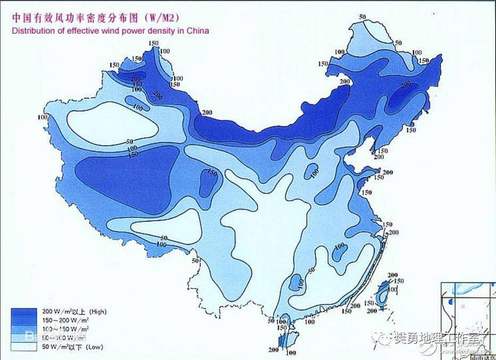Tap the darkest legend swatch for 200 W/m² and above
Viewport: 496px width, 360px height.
coord(24,312)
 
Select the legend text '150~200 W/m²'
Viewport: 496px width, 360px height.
coord(66,320)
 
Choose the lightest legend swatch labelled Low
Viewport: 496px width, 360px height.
coord(24,347)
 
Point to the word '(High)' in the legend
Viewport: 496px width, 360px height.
coord(98,312)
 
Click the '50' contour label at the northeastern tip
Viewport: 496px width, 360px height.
coord(363,18)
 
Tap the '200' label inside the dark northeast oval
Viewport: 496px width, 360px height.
coord(406,85)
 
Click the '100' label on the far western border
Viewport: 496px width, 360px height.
coord(43,118)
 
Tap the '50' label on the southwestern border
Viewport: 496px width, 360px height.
coord(196,261)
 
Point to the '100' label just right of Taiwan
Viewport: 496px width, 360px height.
coord(393,290)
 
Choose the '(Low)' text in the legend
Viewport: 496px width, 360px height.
coord(95,347)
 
